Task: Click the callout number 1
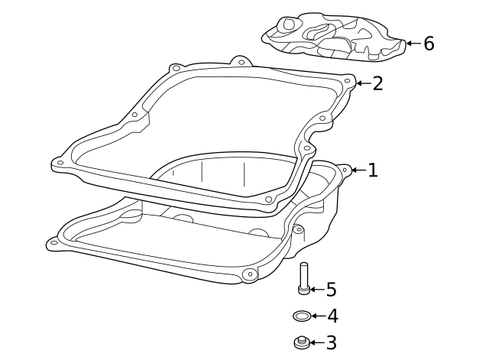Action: [x=372, y=170]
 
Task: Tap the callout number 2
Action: [x=377, y=83]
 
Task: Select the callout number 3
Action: [x=331, y=343]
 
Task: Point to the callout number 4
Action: [x=332, y=316]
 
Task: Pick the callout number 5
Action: [x=331, y=289]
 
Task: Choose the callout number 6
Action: [x=429, y=44]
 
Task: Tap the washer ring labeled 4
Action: [x=302, y=315]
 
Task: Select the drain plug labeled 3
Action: [x=302, y=342]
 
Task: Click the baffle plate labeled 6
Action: [x=332, y=37]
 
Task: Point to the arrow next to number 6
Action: [x=412, y=44]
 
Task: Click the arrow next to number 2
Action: [x=361, y=83]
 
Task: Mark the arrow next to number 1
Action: [x=358, y=170]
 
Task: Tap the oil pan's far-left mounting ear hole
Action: [x=53, y=243]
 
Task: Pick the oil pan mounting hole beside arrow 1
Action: [x=344, y=170]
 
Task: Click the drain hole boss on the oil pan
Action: [x=248, y=274]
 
